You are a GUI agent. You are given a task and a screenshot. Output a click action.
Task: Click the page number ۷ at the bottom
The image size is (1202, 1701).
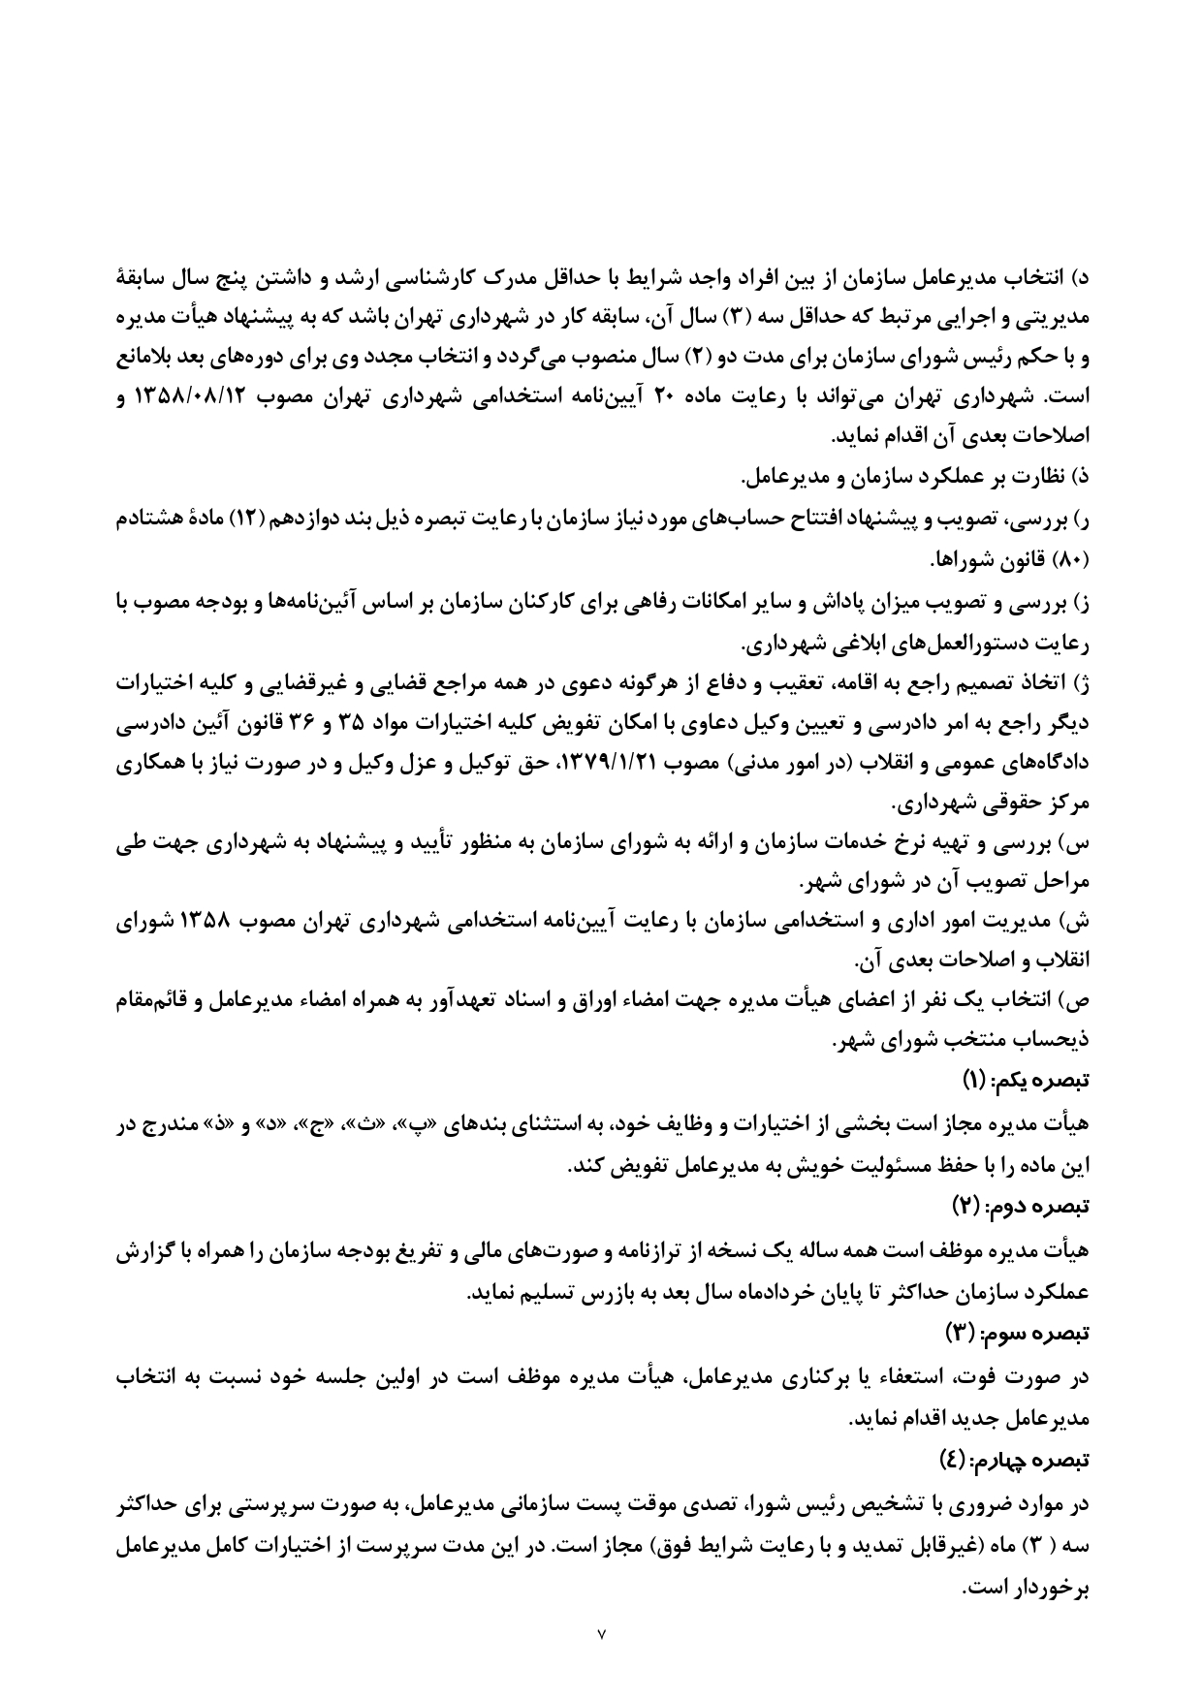click(x=601, y=1634)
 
